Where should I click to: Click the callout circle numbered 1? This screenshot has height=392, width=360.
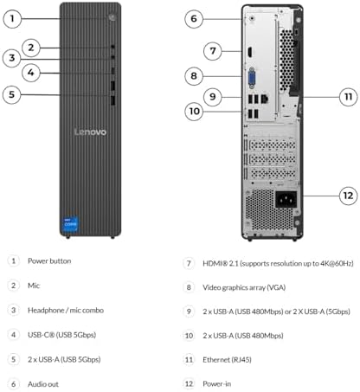coord(12,19)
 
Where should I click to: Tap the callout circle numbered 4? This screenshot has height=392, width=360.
coord(31,73)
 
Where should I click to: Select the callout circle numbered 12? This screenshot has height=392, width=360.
coord(348,196)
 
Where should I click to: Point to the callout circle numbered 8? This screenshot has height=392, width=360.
coord(194,76)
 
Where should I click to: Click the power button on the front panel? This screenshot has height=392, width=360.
coord(112,17)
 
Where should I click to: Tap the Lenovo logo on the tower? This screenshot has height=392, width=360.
coord(90,132)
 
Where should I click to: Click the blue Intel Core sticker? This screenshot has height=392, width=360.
coord(71,224)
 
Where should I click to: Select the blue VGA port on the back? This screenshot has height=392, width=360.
coord(252,78)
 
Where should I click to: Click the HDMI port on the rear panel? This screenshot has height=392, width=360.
coord(249,52)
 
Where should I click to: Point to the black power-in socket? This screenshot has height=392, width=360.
coord(286,199)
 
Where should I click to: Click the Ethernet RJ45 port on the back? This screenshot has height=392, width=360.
coord(265,99)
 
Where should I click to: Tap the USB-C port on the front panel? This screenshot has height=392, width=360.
coord(112,71)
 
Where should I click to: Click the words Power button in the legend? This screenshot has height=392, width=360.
coord(49,261)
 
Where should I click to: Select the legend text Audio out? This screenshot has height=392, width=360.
coord(43,384)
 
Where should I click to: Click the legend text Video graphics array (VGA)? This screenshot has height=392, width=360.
coord(244,287)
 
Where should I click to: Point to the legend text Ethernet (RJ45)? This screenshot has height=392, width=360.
coord(227,360)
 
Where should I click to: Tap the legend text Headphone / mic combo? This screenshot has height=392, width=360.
coord(66,311)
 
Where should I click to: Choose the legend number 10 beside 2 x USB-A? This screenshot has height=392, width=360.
coord(189,336)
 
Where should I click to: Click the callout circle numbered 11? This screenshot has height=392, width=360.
coord(348,97)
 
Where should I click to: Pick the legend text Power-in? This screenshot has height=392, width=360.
coord(217,384)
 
